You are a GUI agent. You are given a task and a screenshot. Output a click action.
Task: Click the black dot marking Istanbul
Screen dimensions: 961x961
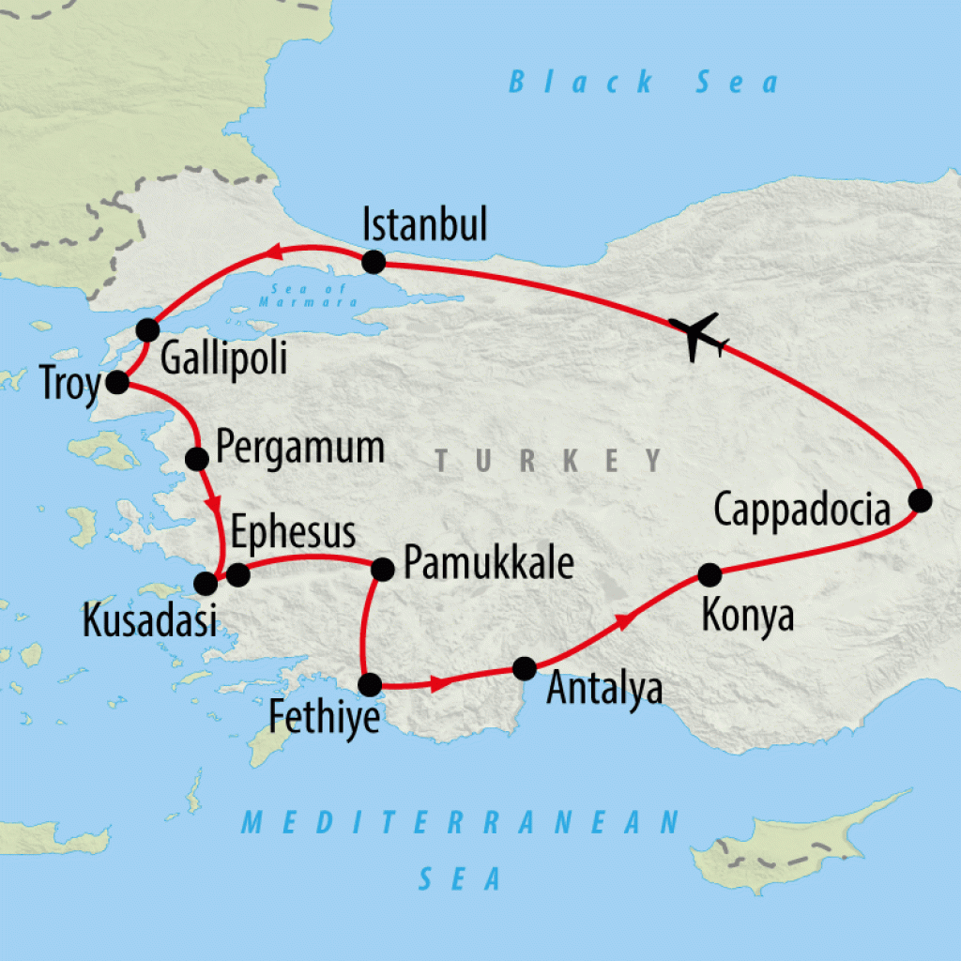click(374, 262)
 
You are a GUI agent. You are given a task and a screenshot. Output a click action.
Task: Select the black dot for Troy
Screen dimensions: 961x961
click(117, 382)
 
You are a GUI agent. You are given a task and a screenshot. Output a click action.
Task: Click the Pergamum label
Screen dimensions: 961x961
click(299, 448)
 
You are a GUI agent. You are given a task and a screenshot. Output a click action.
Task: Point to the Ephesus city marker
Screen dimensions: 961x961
click(237, 573)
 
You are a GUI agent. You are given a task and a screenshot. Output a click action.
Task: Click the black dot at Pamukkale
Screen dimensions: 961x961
click(383, 569)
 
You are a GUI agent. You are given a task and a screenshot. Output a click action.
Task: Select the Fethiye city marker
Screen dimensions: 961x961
click(371, 684)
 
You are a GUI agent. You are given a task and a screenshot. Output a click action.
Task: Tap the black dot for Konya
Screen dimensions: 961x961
click(709, 573)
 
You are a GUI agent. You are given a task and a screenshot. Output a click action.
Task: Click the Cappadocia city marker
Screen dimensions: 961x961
click(921, 500)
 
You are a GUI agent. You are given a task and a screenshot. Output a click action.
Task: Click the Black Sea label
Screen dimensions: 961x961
click(644, 83)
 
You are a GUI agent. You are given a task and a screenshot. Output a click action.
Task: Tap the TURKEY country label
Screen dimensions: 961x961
click(549, 461)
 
